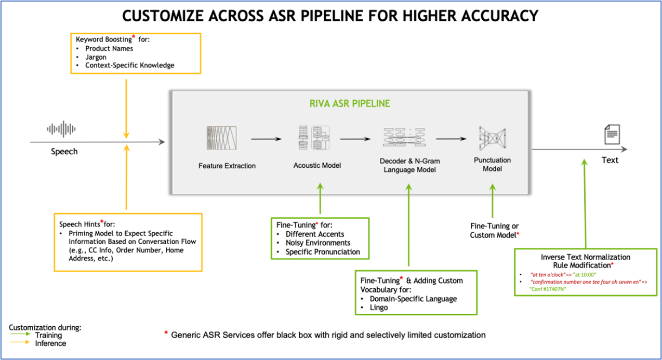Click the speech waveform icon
(62, 129)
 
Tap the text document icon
(612, 135)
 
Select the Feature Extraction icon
(222, 138)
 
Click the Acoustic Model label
(317, 166)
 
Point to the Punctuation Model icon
(492, 139)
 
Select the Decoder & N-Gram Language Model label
(409, 165)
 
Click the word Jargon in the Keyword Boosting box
(96, 57)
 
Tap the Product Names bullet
(109, 48)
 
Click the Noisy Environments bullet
(318, 243)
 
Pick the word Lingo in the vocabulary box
(379, 308)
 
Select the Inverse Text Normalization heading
(585, 257)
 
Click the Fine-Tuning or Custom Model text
(494, 231)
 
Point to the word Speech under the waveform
(64, 152)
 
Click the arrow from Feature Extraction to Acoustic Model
(266, 139)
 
